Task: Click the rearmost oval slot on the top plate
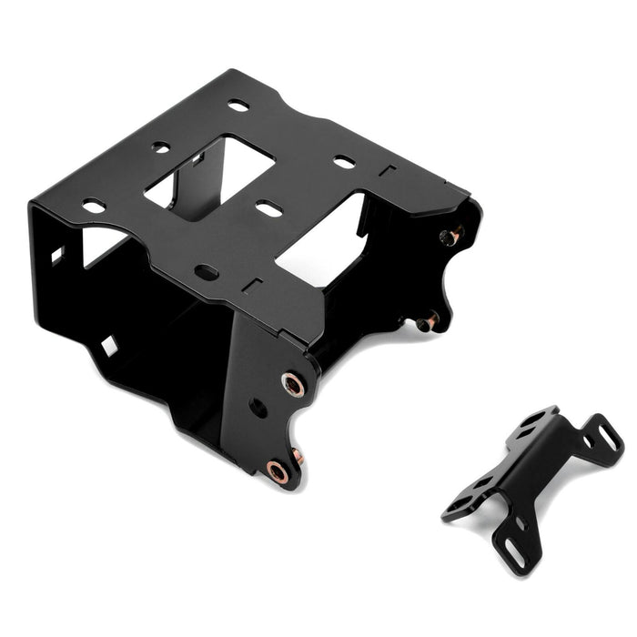pyautogui.click(x=238, y=106)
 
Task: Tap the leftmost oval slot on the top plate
pyautogui.click(x=94, y=207)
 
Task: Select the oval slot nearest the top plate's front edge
pyautogui.click(x=207, y=271)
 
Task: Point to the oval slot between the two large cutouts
pyautogui.click(x=268, y=209)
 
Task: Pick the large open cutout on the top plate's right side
pyautogui.click(x=323, y=240)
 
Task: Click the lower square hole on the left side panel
pyautogui.click(x=108, y=346)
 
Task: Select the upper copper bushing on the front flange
pyautogui.click(x=293, y=384)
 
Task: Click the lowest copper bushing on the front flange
pyautogui.click(x=278, y=471)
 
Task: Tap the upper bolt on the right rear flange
pyautogui.click(x=449, y=237)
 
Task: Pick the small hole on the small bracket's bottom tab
pyautogui.click(x=520, y=523)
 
